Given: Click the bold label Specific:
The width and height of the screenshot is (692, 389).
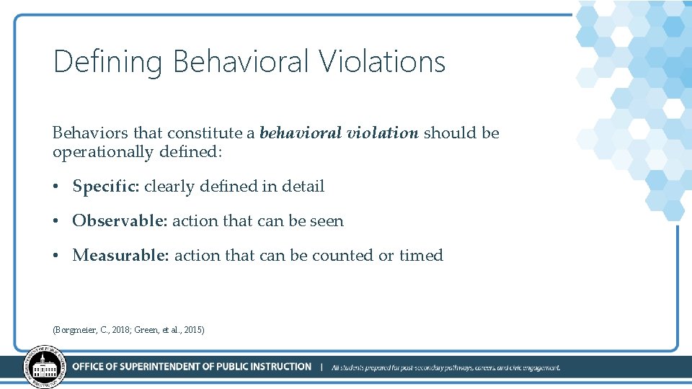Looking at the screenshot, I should [x=106, y=187].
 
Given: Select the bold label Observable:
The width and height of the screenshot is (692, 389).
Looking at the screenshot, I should [x=120, y=221].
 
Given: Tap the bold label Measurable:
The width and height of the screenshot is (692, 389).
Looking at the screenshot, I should [x=121, y=256].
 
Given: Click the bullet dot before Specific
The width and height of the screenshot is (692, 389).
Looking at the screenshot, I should [x=56, y=187].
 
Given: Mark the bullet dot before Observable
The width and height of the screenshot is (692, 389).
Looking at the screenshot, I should [x=56, y=222].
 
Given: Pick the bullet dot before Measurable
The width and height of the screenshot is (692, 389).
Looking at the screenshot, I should [x=56, y=256].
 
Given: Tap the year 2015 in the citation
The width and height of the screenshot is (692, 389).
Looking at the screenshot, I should [x=192, y=330].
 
